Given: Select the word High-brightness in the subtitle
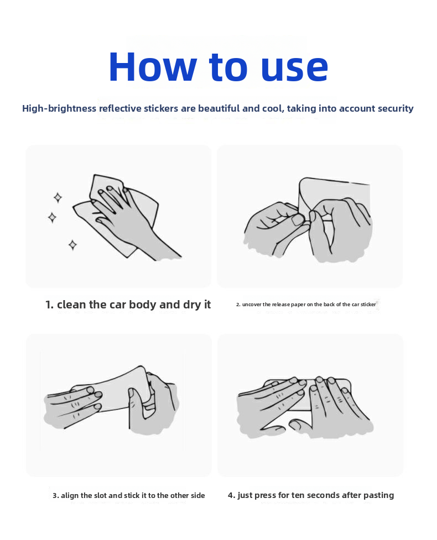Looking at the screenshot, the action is point(59,108).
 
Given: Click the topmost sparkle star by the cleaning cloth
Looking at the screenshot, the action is point(58,198).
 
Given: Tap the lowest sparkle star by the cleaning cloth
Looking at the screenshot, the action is point(72,245).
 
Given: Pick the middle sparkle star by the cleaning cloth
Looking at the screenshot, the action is point(52,218).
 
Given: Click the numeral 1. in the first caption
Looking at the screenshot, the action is point(50,305).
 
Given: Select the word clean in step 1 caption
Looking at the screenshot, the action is point(72,305).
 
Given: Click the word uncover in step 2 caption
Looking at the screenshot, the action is point(252,305).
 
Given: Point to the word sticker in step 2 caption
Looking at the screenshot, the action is point(368,305).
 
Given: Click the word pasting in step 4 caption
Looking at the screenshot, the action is point(378,496).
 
